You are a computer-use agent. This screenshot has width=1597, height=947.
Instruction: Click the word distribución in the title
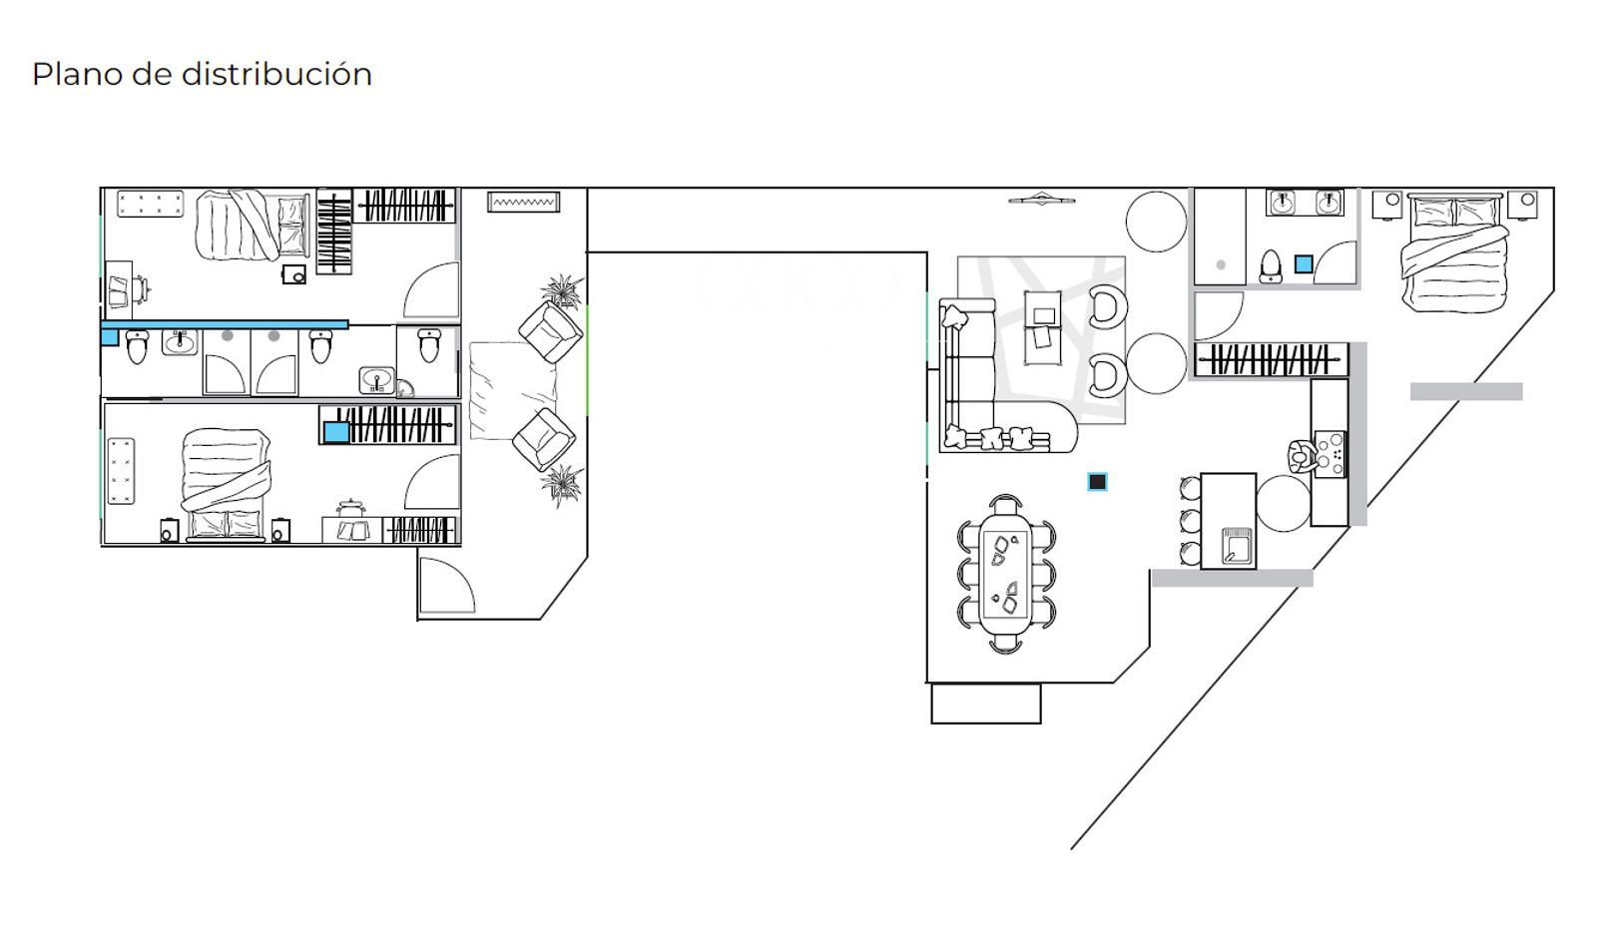276,74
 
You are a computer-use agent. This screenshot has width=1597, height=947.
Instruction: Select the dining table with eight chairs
1006,575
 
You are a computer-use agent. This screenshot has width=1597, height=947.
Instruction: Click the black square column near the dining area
1097,482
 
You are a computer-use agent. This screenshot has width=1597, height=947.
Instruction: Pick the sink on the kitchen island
1237,546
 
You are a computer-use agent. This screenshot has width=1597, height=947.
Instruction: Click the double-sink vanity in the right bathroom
1305,204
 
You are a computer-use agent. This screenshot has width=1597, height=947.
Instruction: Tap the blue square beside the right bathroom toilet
1304,264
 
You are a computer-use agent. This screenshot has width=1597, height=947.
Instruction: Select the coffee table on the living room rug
1042,327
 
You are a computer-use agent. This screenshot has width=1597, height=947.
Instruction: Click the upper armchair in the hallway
550,330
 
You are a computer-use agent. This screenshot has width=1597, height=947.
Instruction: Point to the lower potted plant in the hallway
563,485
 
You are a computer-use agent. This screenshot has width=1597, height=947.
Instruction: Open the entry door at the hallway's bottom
446,585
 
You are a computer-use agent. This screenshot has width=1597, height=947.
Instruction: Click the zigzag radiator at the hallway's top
523,203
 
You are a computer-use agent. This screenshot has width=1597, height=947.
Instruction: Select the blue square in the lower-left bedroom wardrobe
336,432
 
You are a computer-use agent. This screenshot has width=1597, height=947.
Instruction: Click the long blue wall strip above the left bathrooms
225,325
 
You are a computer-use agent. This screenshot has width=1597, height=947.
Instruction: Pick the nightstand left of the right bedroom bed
1386,206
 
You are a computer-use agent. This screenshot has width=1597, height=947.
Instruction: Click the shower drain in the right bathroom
1222,265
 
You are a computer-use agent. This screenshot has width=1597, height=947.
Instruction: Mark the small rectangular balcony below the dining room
986,705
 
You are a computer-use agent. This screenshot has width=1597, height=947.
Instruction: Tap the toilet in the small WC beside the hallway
429,345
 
